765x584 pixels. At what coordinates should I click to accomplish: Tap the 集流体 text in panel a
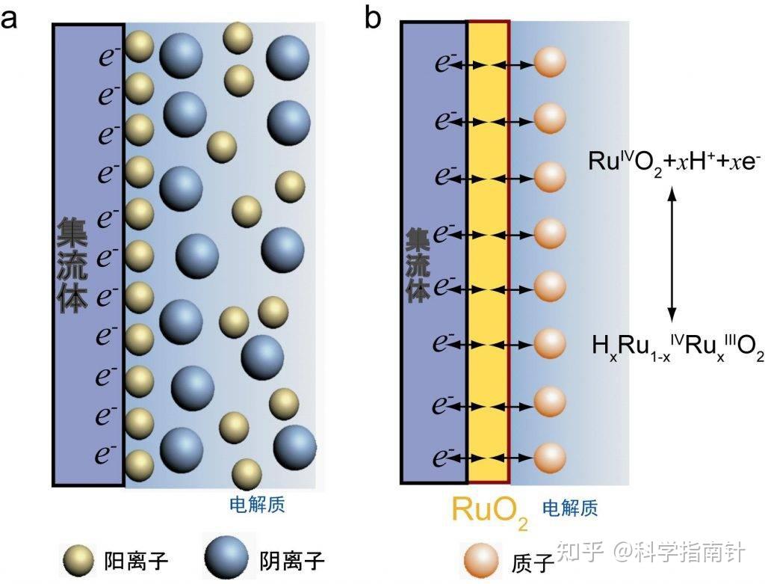click(72, 265)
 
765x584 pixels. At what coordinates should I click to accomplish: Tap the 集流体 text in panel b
click(418, 265)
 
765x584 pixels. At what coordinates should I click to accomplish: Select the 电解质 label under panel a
click(257, 505)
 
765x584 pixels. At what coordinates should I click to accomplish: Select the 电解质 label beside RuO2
click(569, 509)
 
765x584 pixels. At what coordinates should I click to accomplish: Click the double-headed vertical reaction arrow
click(672, 253)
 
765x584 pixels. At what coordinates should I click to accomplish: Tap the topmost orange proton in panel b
click(550, 63)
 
